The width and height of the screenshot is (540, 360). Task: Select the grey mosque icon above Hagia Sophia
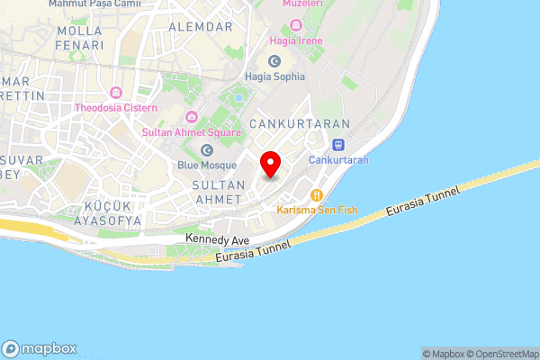coord(274,61)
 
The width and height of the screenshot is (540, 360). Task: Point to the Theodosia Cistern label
coord(115,108)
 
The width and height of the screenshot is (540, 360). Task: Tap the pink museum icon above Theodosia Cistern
coord(115,93)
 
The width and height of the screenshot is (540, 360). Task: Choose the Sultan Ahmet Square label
coord(191,133)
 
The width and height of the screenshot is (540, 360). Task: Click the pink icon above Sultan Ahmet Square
coord(191,118)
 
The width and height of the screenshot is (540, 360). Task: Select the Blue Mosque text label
coord(207,166)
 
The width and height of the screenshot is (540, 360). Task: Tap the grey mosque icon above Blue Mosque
coord(207,150)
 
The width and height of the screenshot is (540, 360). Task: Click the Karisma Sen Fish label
coord(317,211)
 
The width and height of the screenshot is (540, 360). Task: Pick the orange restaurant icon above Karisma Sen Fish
coord(317,195)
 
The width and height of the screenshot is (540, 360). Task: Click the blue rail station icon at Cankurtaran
coord(338,144)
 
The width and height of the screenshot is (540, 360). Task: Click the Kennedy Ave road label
coord(217,239)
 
